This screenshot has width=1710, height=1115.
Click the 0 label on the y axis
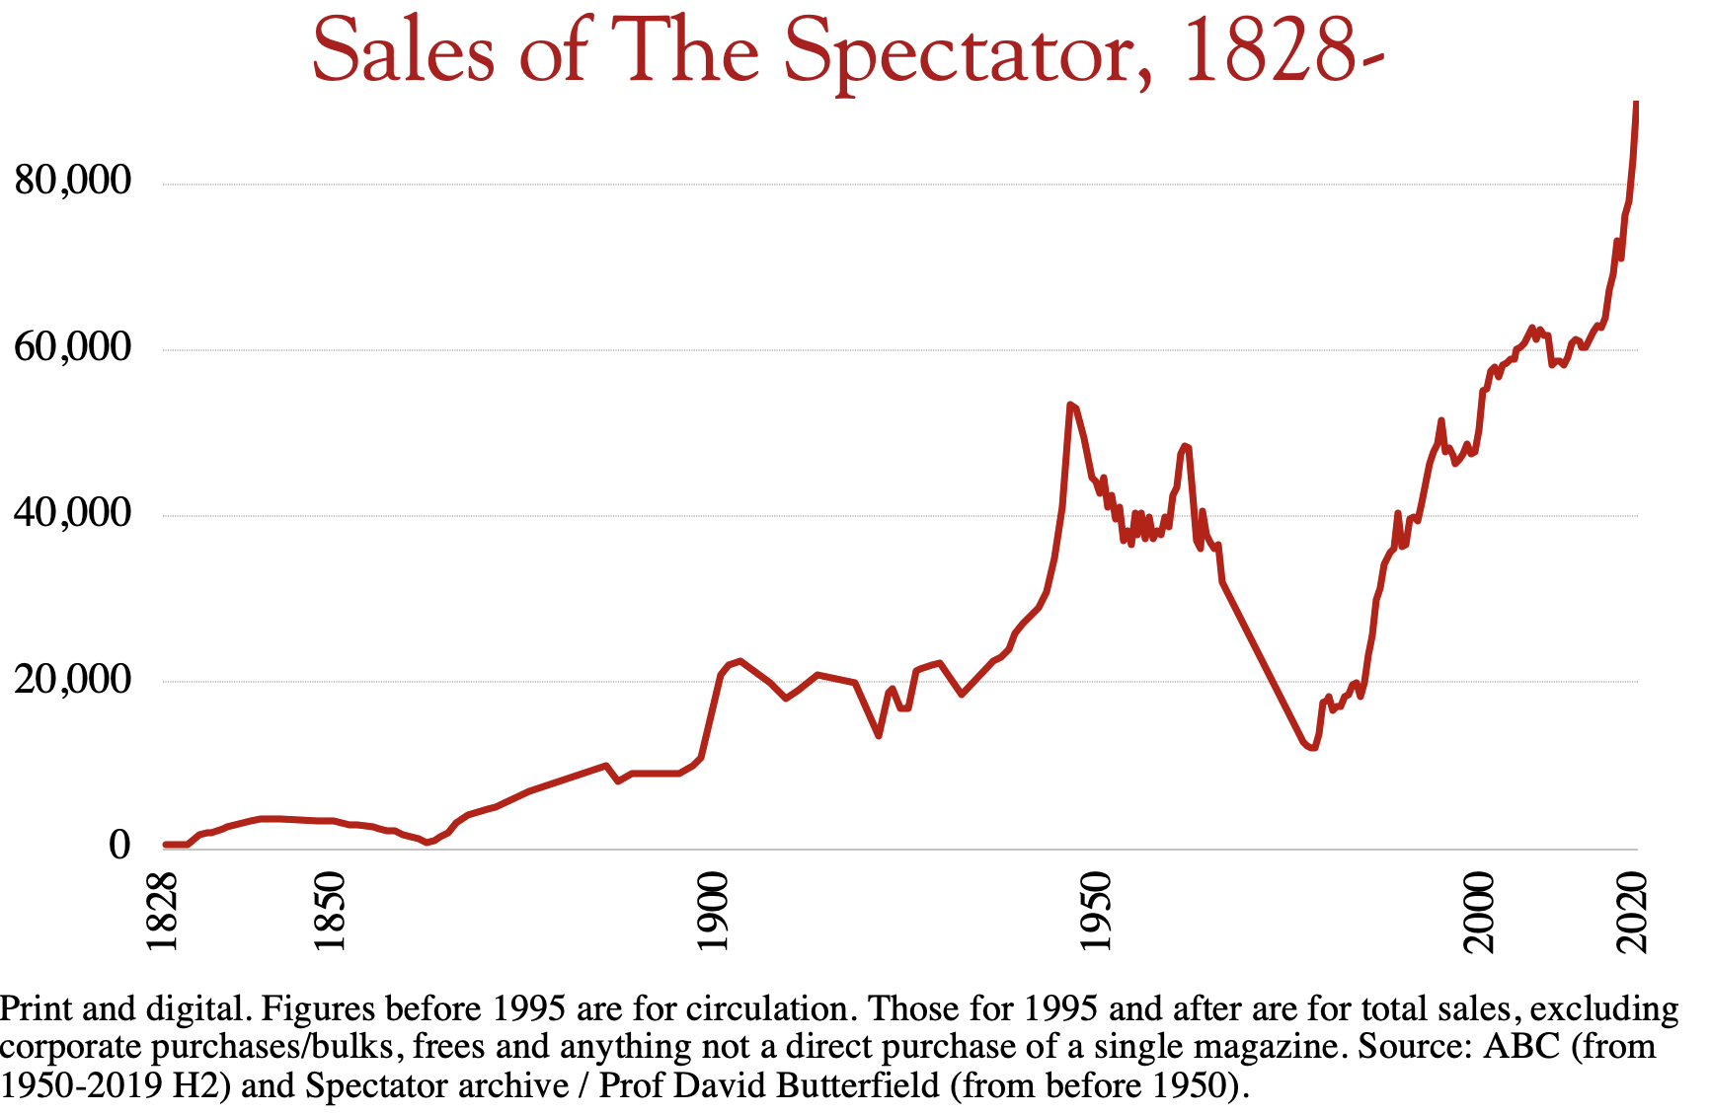119,846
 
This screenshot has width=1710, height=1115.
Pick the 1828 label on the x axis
163,911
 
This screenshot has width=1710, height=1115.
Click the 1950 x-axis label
1096,911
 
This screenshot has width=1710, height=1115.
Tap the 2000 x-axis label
1479,911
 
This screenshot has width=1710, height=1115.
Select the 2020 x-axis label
1633,911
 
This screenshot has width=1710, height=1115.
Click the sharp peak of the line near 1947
1069,405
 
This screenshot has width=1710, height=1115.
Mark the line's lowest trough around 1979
1312,748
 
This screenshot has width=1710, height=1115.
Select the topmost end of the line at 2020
1636,103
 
